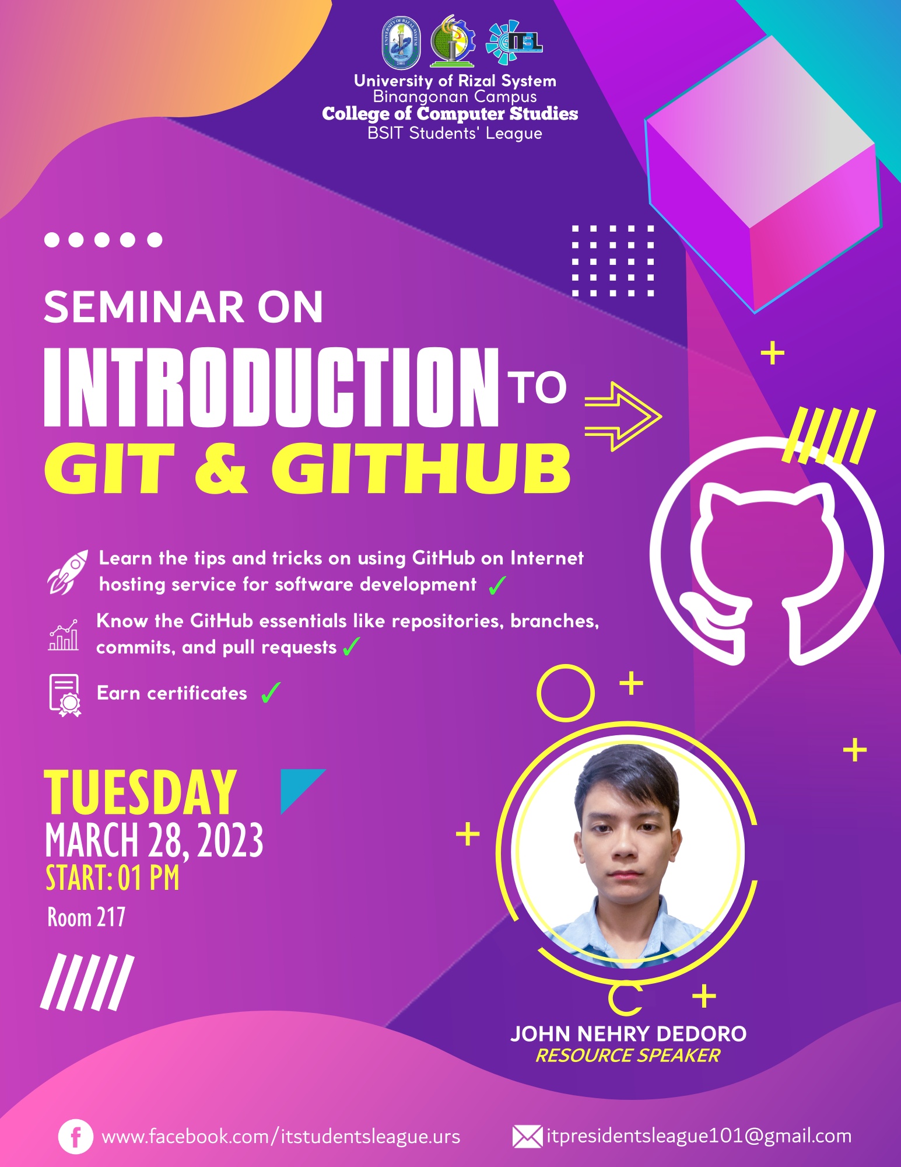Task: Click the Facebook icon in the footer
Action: pyautogui.click(x=75, y=1137)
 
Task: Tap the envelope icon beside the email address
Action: pyautogui.click(x=527, y=1137)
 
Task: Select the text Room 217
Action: pyautogui.click(x=86, y=918)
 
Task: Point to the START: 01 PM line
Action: pyautogui.click(x=113, y=878)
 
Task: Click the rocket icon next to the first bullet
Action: pyautogui.click(x=68, y=571)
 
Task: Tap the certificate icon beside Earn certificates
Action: pyautogui.click(x=65, y=694)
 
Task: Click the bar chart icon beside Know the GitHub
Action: pyautogui.click(x=64, y=635)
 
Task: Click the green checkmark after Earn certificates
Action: pyautogui.click(x=271, y=693)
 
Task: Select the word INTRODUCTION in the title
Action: pyautogui.click(x=271, y=387)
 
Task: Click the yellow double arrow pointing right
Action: pyautogui.click(x=623, y=417)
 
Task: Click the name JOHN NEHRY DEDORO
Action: pyautogui.click(x=628, y=1034)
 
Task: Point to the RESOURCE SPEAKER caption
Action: pyautogui.click(x=627, y=1056)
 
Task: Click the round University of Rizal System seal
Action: pyautogui.click(x=401, y=43)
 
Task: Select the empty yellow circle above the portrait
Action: pyautogui.click(x=565, y=693)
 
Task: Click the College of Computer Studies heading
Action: pyautogui.click(x=450, y=114)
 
